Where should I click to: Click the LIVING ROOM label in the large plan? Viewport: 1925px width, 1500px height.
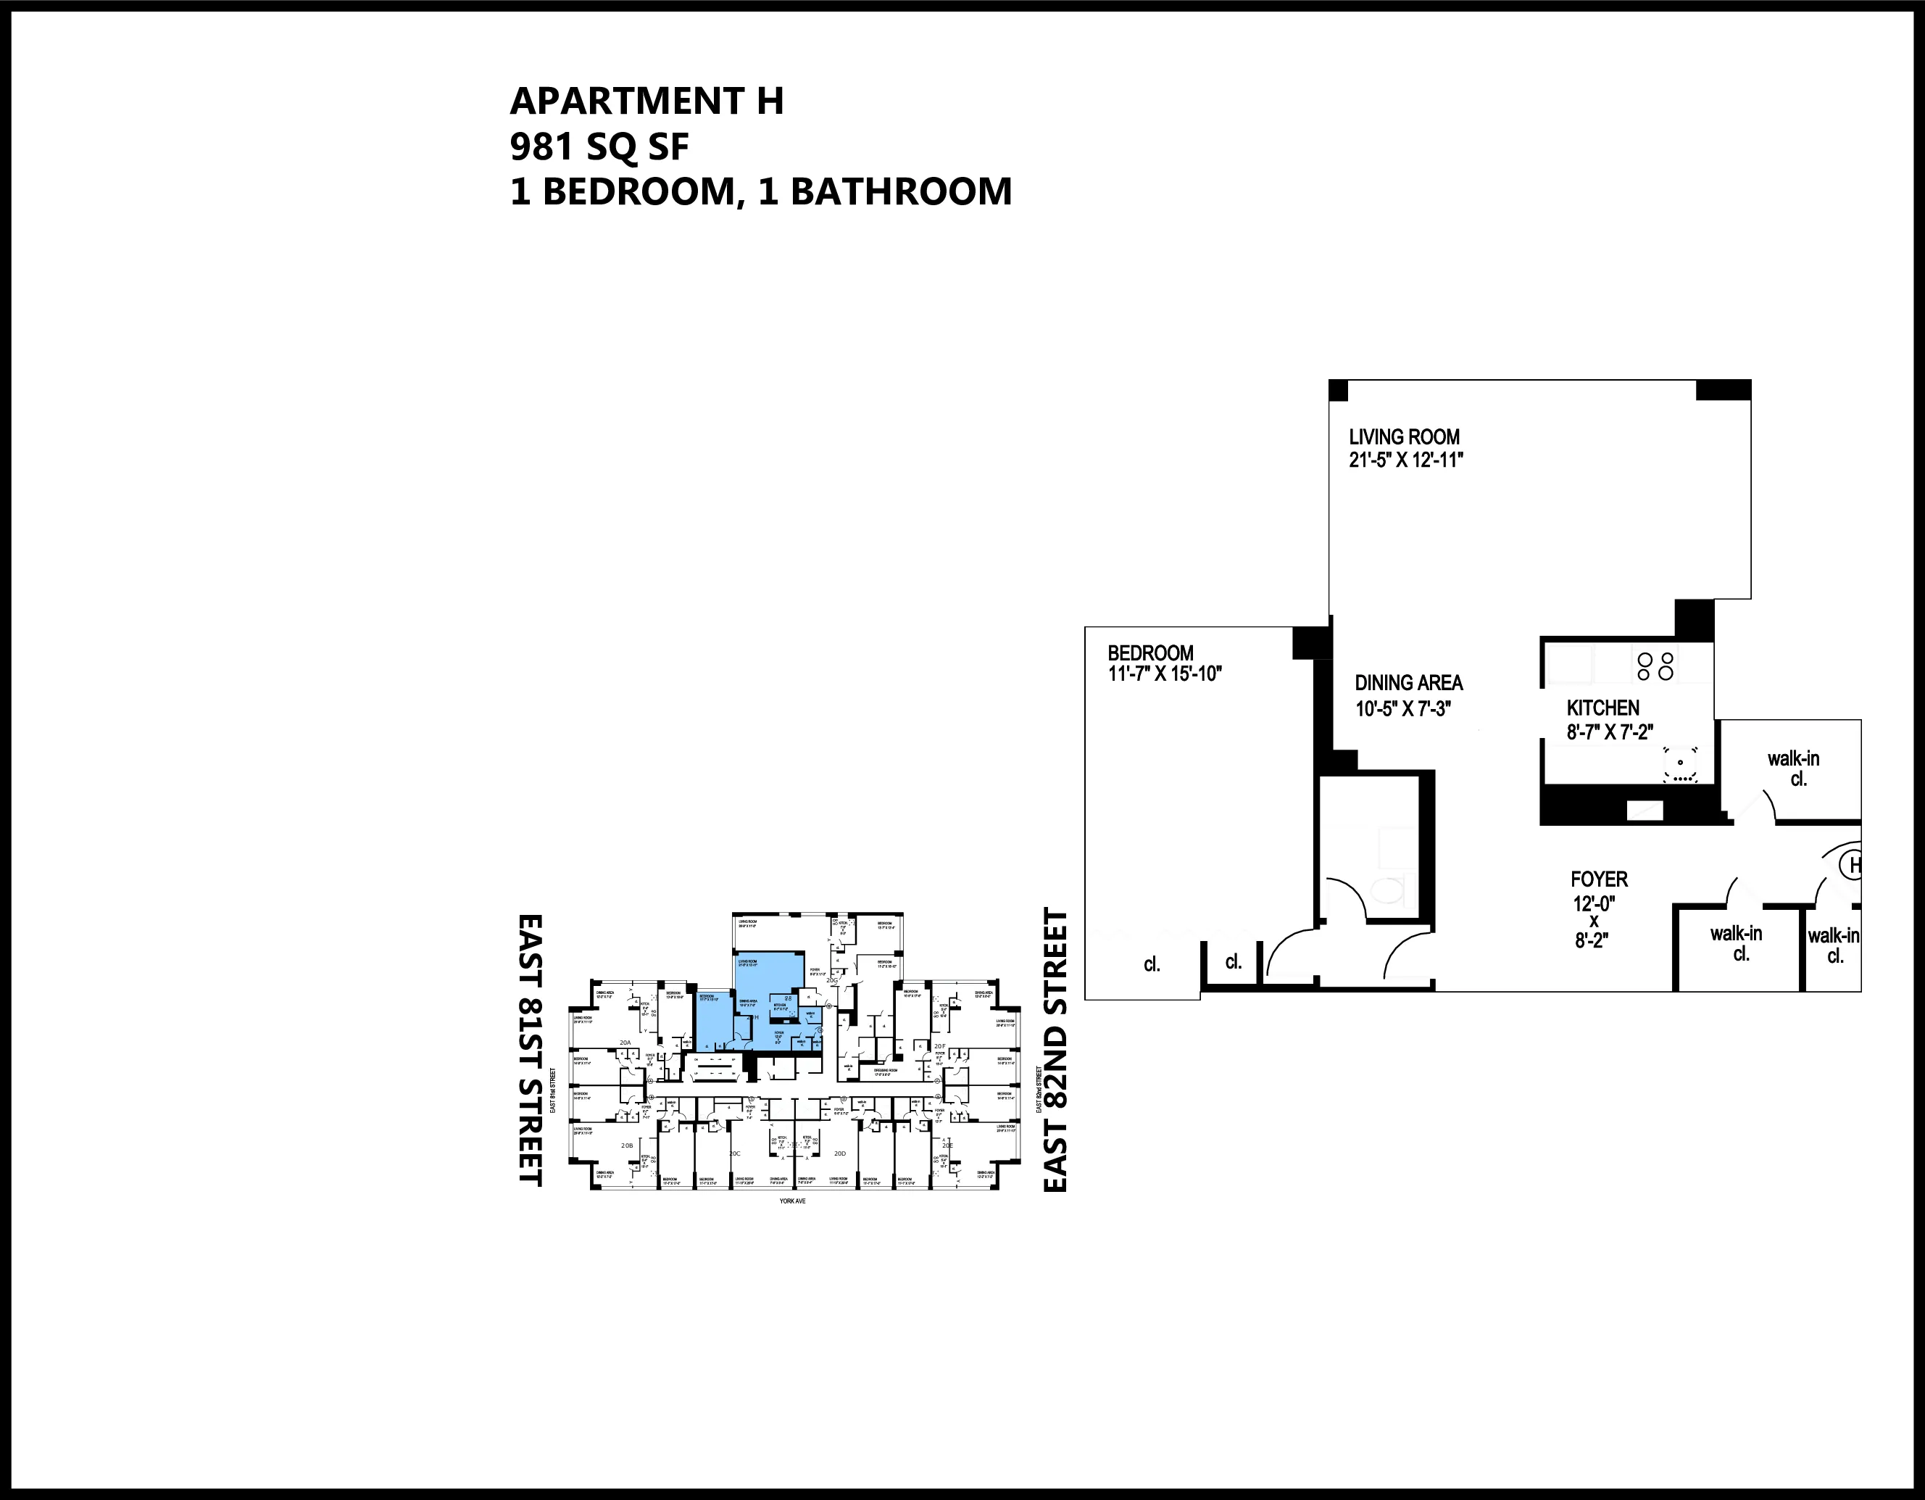(1404, 437)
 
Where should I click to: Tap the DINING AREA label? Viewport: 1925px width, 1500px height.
(1408, 682)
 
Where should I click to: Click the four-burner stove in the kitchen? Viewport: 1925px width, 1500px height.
(1655, 666)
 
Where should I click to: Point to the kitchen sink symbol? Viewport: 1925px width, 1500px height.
(1680, 765)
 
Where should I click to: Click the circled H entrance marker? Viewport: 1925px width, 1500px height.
(1853, 865)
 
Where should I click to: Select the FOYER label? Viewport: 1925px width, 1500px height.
(1599, 879)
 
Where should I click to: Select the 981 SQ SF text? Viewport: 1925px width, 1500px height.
(599, 146)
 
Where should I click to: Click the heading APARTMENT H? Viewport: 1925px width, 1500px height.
(646, 101)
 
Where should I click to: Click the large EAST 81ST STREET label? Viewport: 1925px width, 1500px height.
(530, 1049)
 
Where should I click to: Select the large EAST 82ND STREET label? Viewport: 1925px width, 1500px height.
(1055, 1051)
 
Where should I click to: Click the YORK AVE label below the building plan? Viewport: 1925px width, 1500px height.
(792, 1200)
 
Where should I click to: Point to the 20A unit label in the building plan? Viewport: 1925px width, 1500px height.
(625, 1043)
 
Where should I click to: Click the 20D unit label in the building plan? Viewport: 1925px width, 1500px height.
(840, 1153)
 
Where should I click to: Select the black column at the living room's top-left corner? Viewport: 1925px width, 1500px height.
(1338, 390)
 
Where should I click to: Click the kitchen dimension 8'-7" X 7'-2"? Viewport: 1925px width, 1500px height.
(1610, 731)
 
